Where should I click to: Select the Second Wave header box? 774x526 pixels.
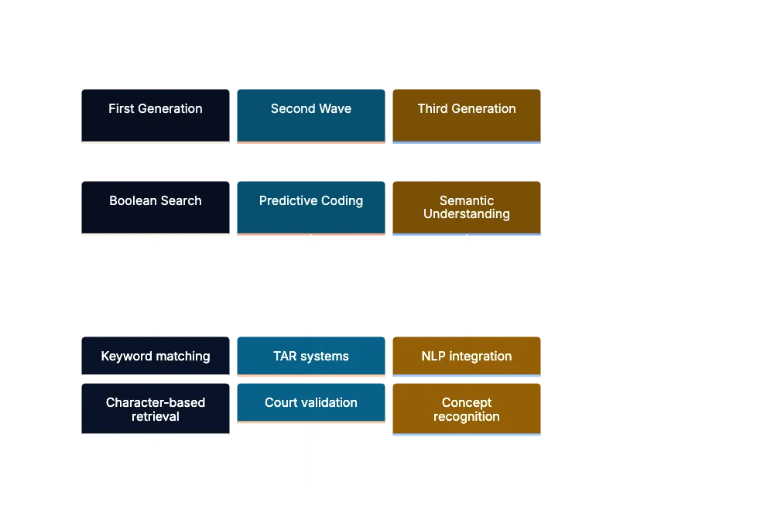(x=310, y=114)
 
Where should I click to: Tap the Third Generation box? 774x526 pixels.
(x=467, y=114)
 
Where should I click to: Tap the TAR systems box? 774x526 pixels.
(x=310, y=356)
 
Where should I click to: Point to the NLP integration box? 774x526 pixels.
(x=467, y=356)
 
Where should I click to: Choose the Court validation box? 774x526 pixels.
(x=310, y=403)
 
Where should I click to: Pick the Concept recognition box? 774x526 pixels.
(x=467, y=409)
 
